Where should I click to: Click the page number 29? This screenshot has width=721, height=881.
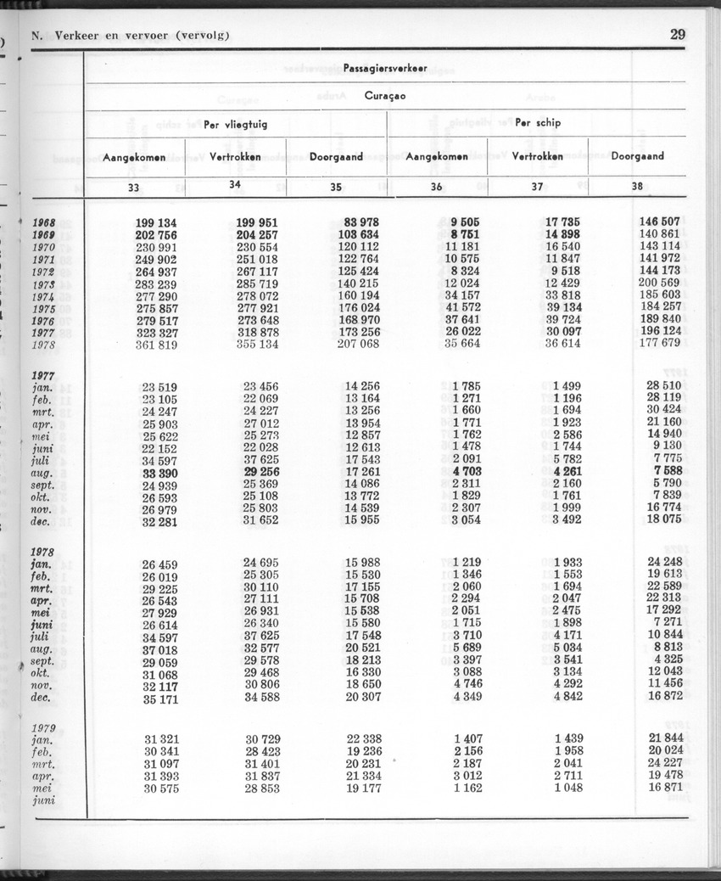[x=677, y=35]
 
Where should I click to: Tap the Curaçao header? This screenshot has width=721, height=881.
[x=385, y=96]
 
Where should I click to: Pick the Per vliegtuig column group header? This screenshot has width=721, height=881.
[x=235, y=124]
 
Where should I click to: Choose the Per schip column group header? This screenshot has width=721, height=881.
[x=538, y=123]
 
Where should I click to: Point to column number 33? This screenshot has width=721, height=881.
[x=133, y=188]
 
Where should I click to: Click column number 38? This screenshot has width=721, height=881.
[x=637, y=187]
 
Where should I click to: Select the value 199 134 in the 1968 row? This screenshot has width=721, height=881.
[x=156, y=222]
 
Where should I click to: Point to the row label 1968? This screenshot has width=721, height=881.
[x=42, y=222]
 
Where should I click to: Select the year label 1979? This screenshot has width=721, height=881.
[x=42, y=727]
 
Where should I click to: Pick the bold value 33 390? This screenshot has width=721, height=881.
[x=159, y=473]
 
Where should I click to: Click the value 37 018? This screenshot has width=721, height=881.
[x=159, y=649]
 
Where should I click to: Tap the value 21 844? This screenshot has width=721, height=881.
[x=664, y=738]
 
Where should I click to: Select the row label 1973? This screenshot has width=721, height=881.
[x=42, y=283]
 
